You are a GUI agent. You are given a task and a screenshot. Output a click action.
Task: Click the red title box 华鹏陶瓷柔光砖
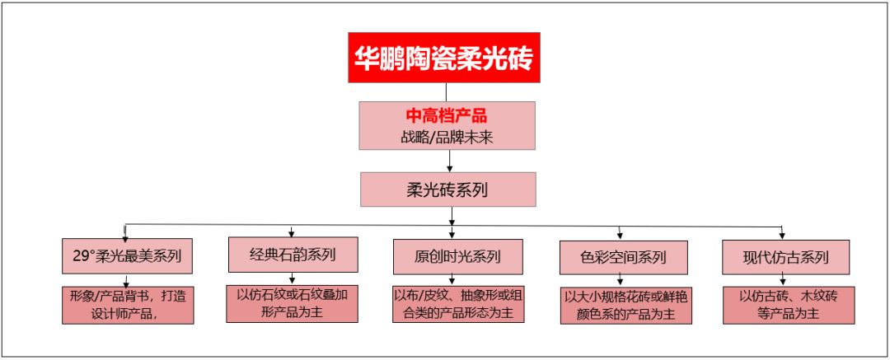(x=445, y=57)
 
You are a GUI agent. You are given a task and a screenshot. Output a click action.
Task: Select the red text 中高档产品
(x=446, y=116)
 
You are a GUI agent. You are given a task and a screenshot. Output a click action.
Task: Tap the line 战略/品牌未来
(x=446, y=137)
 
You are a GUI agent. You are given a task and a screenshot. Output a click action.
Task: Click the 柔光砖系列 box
(x=447, y=189)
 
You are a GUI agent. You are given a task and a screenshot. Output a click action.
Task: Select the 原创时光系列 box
(x=457, y=256)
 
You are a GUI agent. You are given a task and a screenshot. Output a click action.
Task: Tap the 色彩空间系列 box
(x=622, y=257)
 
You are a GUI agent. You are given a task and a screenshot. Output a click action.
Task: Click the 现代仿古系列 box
(x=785, y=256)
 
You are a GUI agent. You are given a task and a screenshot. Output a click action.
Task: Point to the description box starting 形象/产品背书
(x=127, y=305)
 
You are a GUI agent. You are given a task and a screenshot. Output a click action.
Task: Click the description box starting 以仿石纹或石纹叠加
(x=292, y=303)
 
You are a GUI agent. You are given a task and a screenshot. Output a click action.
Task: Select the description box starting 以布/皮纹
(x=457, y=303)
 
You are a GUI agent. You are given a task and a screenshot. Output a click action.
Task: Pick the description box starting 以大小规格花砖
(x=622, y=306)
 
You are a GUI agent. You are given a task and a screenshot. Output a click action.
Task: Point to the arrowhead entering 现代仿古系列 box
(x=782, y=235)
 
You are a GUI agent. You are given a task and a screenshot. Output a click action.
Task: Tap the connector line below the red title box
(x=446, y=91)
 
